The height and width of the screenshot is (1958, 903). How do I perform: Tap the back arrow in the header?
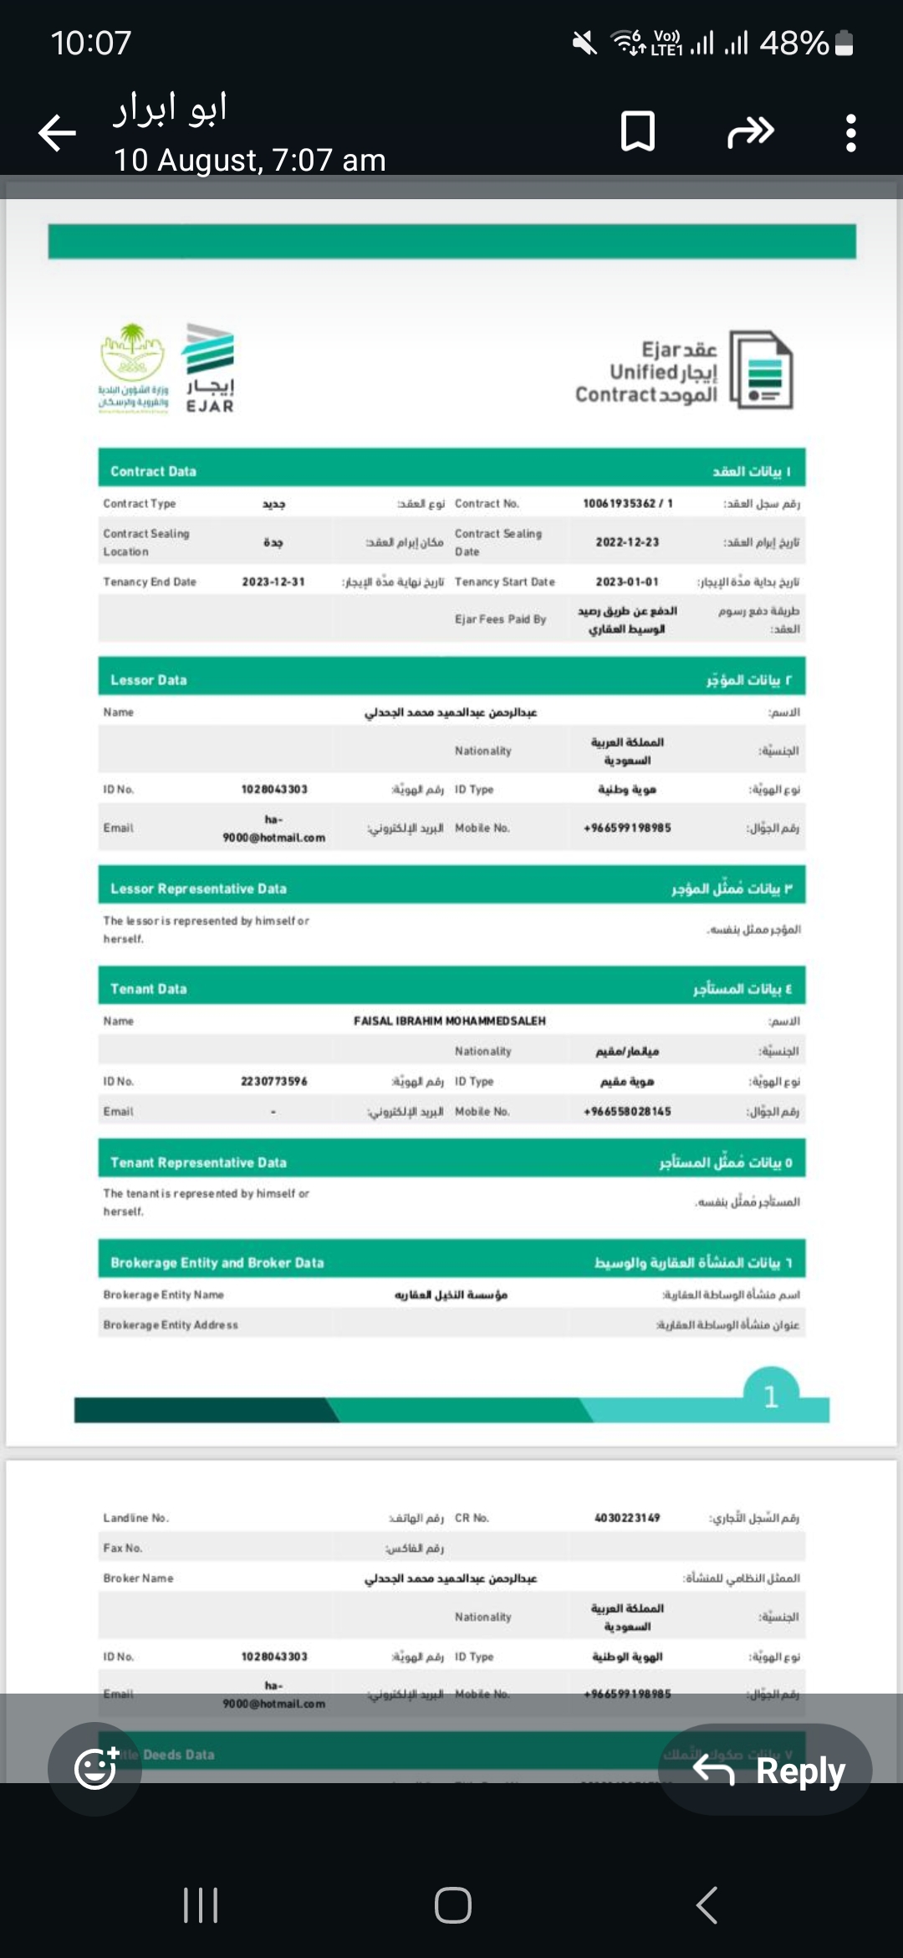[x=58, y=132]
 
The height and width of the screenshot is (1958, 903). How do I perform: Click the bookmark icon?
[x=638, y=131]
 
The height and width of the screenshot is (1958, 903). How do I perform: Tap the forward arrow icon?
[x=750, y=131]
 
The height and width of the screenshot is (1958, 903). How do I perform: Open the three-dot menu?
[x=850, y=132]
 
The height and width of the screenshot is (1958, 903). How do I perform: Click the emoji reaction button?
[x=95, y=1768]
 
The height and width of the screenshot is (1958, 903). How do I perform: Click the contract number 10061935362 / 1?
[x=627, y=503]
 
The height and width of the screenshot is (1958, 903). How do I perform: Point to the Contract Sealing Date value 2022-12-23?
[x=627, y=542]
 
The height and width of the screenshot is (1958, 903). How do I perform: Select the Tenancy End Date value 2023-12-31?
[x=273, y=582]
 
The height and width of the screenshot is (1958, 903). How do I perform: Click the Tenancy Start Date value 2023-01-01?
[x=627, y=582]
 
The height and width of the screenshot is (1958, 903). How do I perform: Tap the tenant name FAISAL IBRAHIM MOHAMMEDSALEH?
[x=450, y=1021]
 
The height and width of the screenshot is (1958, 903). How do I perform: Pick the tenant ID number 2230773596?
[x=273, y=1081]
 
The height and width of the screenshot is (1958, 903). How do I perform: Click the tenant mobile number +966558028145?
[x=627, y=1111]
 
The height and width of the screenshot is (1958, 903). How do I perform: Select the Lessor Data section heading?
[x=149, y=679]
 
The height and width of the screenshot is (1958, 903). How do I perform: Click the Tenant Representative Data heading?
[x=198, y=1162]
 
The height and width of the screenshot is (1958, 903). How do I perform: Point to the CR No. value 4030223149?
[x=627, y=1517]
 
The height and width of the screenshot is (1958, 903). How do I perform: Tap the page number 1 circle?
[x=771, y=1396]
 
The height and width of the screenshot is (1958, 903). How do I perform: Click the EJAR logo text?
[x=210, y=406]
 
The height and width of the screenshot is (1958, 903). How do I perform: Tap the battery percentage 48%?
[x=793, y=42]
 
